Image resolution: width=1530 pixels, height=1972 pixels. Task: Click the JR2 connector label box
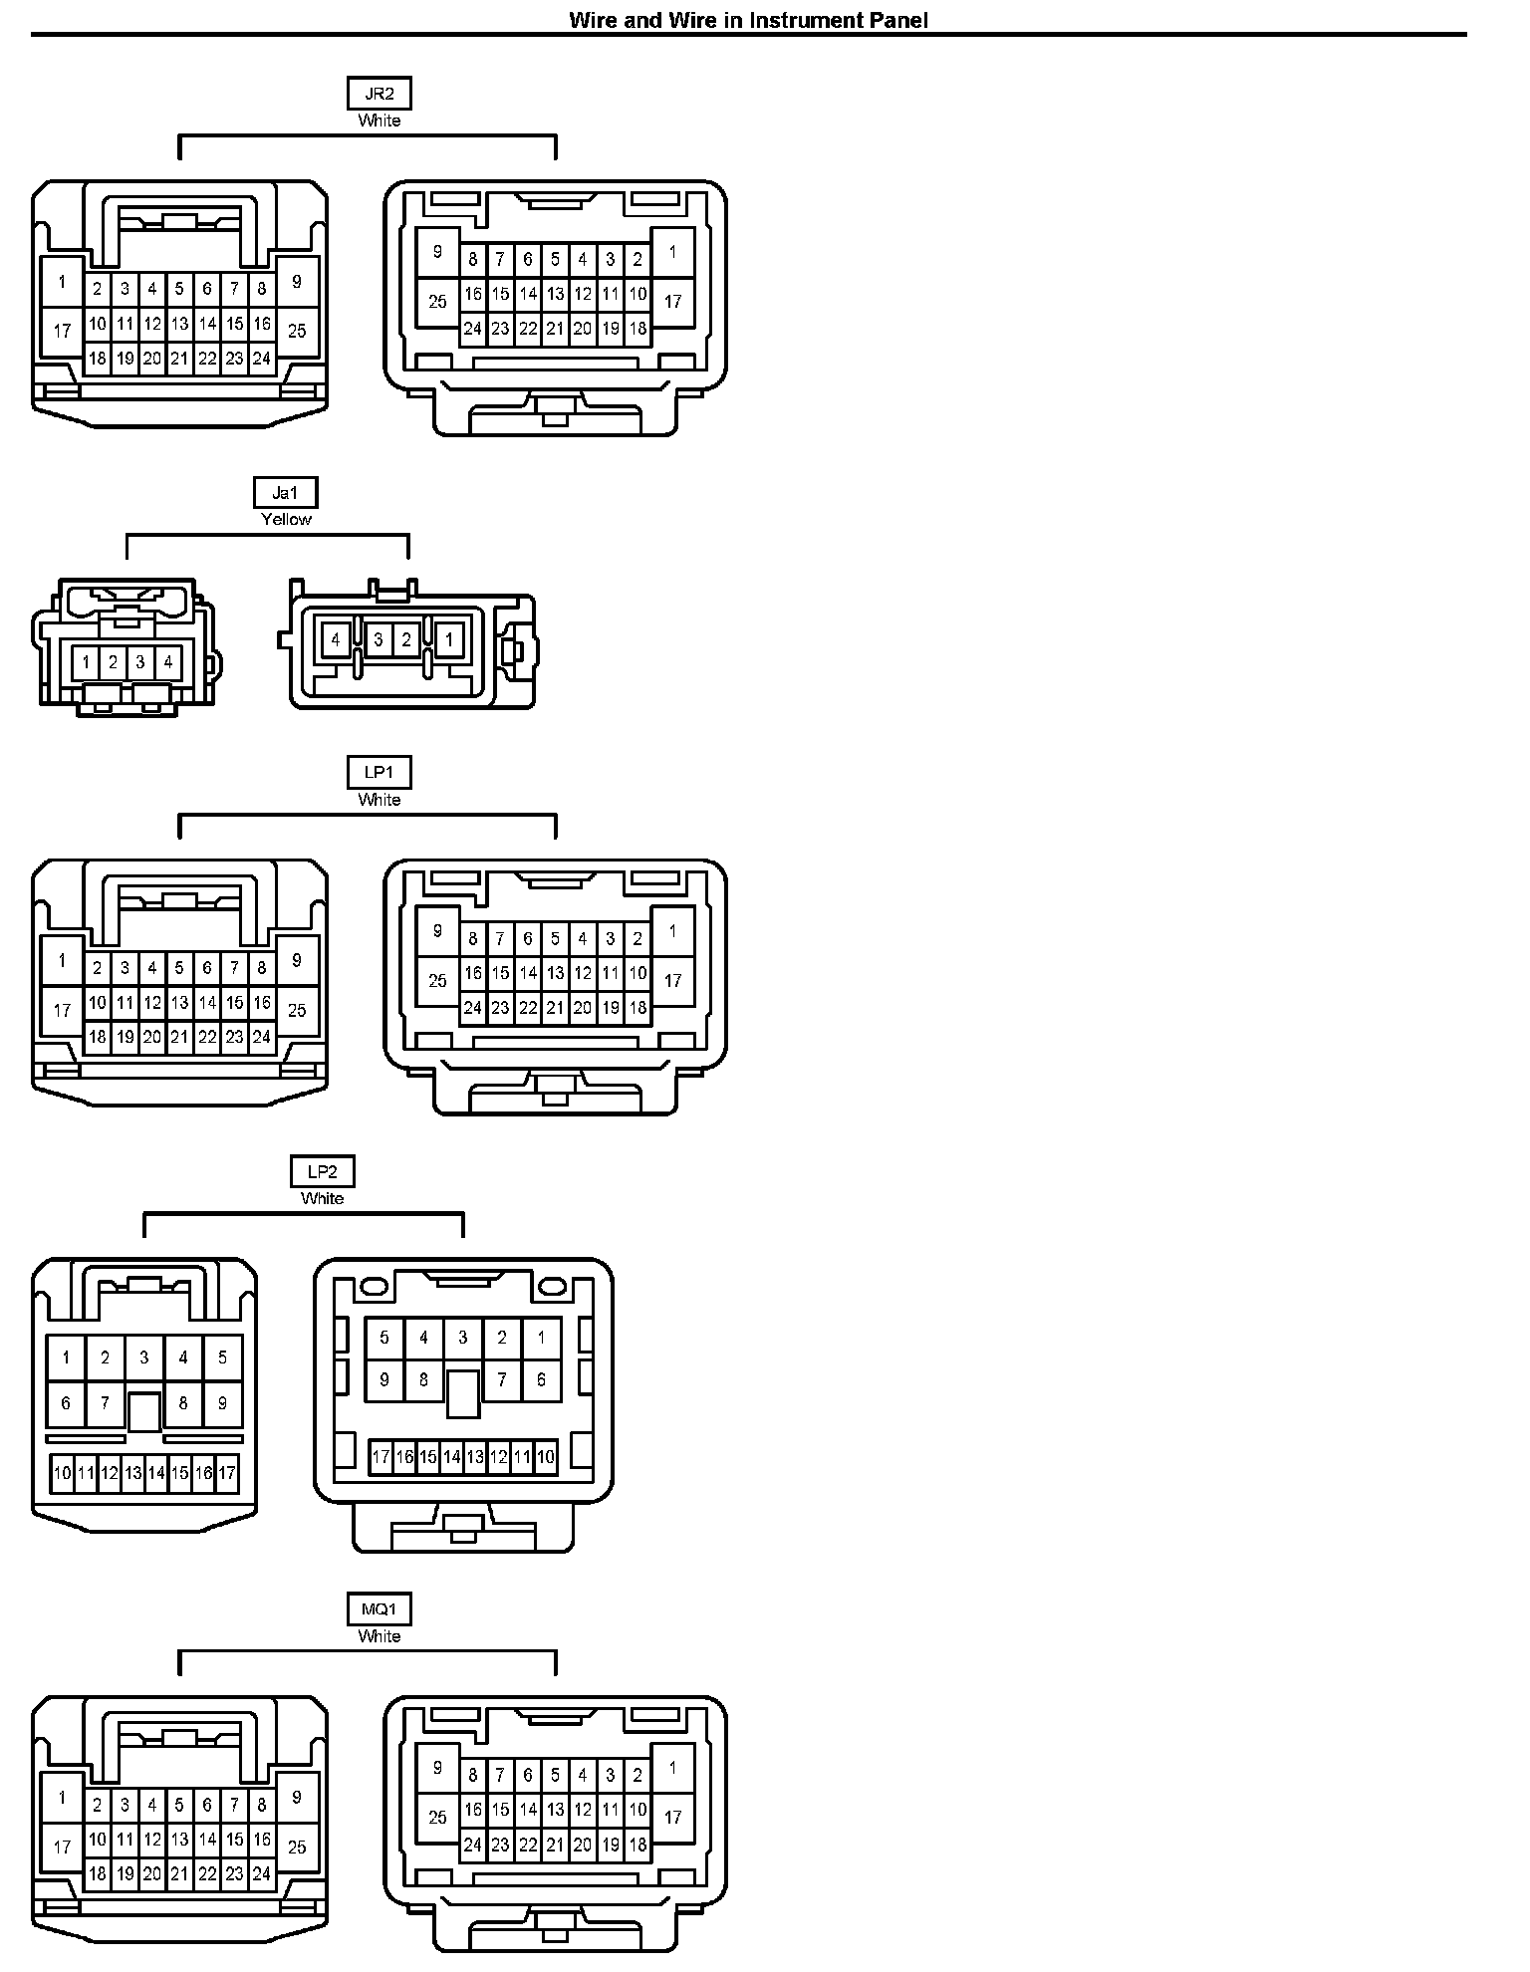pos(379,95)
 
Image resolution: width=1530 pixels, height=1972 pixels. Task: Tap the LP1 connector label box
pos(379,773)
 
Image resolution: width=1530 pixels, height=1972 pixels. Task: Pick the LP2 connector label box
pos(322,1172)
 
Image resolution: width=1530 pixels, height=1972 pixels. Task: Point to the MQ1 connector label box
pos(379,1610)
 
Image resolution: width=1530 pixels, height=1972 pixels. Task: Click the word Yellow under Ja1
pos(286,519)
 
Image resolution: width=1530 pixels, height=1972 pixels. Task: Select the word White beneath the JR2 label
pos(379,121)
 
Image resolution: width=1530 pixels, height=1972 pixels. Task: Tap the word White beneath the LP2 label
pos(322,1198)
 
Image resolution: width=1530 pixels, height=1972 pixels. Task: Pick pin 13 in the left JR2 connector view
pos(179,324)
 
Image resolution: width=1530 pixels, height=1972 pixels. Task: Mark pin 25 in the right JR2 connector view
pos(437,300)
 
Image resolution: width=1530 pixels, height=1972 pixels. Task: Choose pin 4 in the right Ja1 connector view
pos(337,639)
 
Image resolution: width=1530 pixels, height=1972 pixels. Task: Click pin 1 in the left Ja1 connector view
pos(86,662)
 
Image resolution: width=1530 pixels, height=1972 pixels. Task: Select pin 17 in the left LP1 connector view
pos(62,1010)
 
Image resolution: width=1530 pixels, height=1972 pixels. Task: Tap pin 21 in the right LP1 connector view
pos(555,1008)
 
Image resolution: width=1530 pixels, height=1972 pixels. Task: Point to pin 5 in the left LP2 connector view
pos(222,1357)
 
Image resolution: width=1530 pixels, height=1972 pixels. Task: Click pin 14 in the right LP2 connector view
pos(451,1457)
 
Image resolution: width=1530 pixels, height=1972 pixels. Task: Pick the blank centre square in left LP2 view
pos(144,1410)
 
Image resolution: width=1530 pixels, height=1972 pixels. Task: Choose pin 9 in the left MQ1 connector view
pos(297,1798)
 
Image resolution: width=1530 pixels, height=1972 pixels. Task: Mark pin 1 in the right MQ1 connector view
pos(672,1768)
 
